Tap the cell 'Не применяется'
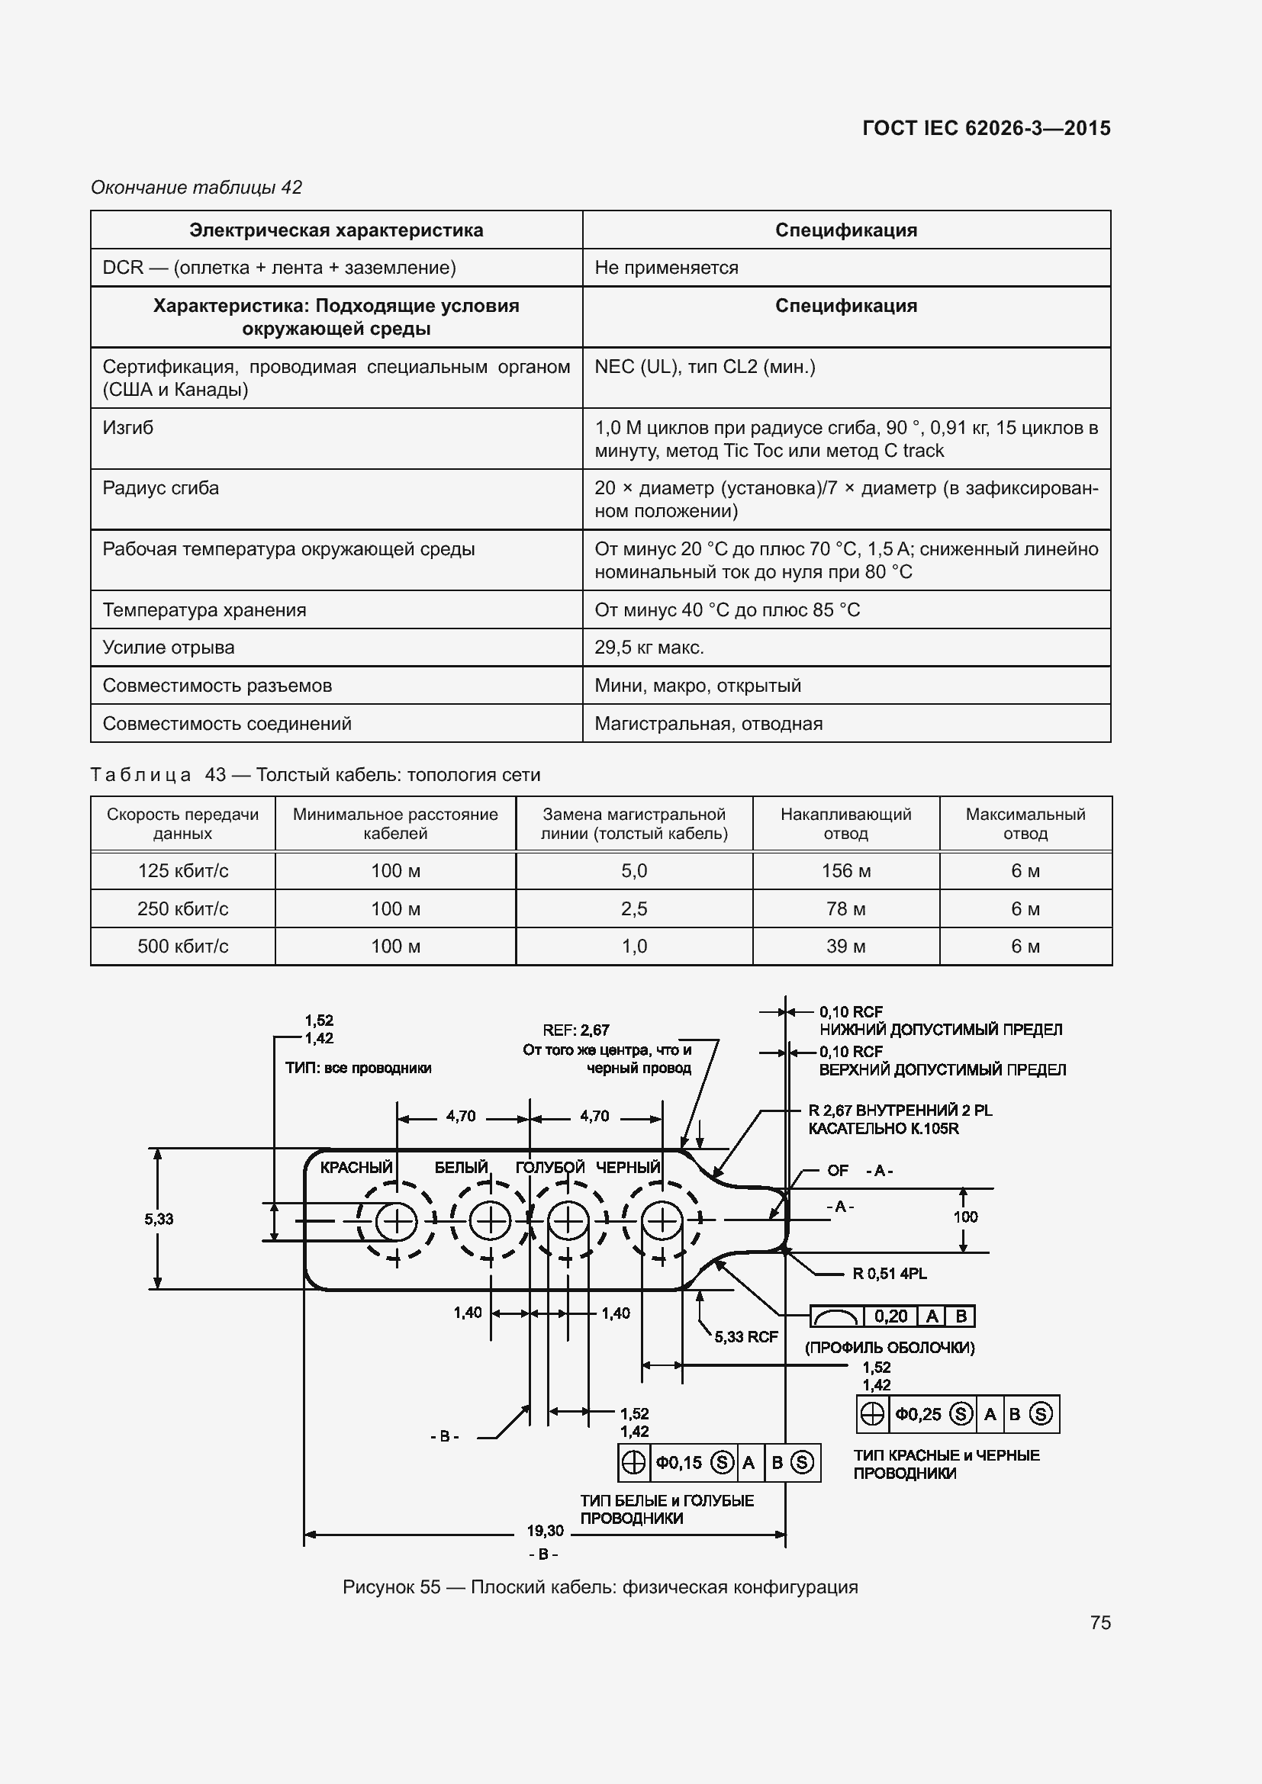[666, 267]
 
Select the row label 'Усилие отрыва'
[169, 648]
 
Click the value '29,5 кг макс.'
[649, 648]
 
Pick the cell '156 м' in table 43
[845, 871]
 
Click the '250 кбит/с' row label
[182, 908]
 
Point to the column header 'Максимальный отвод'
[1025, 824]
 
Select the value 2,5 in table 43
[633, 908]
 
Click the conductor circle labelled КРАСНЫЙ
[396, 1221]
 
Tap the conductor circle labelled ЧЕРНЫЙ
[662, 1221]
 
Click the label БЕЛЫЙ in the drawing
[461, 1167]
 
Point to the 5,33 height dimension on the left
[159, 1219]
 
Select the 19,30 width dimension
[545, 1531]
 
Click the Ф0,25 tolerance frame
[958, 1414]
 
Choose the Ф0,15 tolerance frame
[719, 1463]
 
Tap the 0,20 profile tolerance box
[892, 1316]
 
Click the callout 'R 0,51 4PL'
[889, 1274]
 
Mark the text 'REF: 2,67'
[576, 1030]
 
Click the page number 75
[1099, 1622]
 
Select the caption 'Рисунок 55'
[391, 1586]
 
